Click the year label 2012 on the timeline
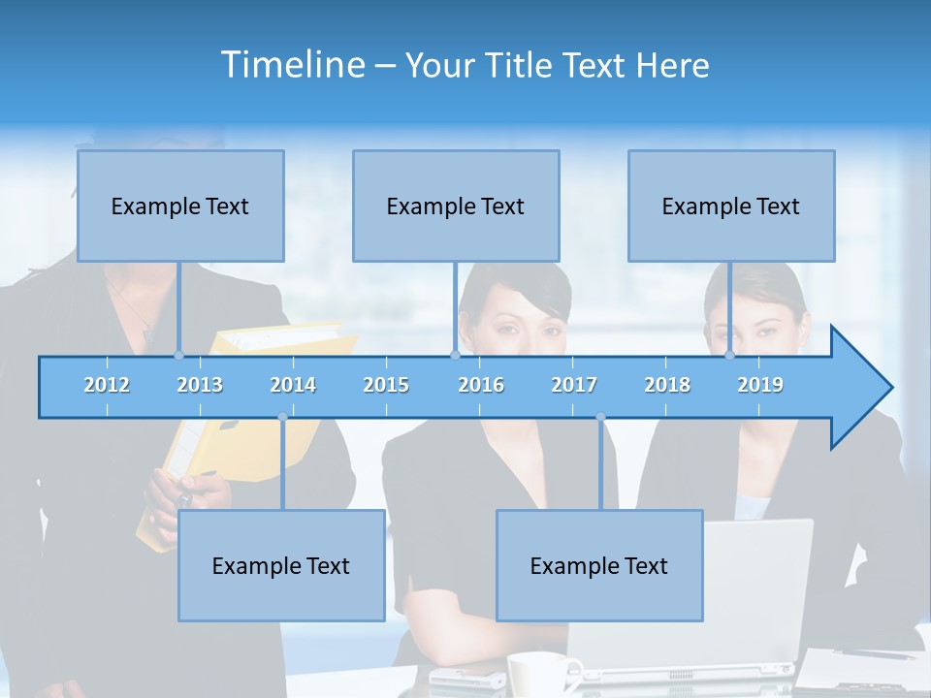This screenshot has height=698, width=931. click(x=107, y=385)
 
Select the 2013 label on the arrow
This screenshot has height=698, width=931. click(x=200, y=385)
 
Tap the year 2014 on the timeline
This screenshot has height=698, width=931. click(x=293, y=385)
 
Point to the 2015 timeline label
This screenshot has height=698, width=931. click(x=386, y=385)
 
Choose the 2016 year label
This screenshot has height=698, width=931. click(x=481, y=385)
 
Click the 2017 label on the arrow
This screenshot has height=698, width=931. click(x=574, y=385)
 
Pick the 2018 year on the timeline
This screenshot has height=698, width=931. click(x=667, y=385)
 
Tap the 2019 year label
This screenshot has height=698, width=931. click(x=760, y=385)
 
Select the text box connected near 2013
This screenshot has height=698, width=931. click(x=180, y=206)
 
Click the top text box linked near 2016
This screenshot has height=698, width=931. click(x=456, y=206)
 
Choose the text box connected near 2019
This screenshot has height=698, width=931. click(x=731, y=206)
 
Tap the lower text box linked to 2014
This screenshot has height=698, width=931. click(x=281, y=565)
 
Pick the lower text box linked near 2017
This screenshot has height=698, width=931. click(x=599, y=565)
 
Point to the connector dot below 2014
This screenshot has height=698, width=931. click(x=282, y=417)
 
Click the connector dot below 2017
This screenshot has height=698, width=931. click(x=600, y=417)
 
